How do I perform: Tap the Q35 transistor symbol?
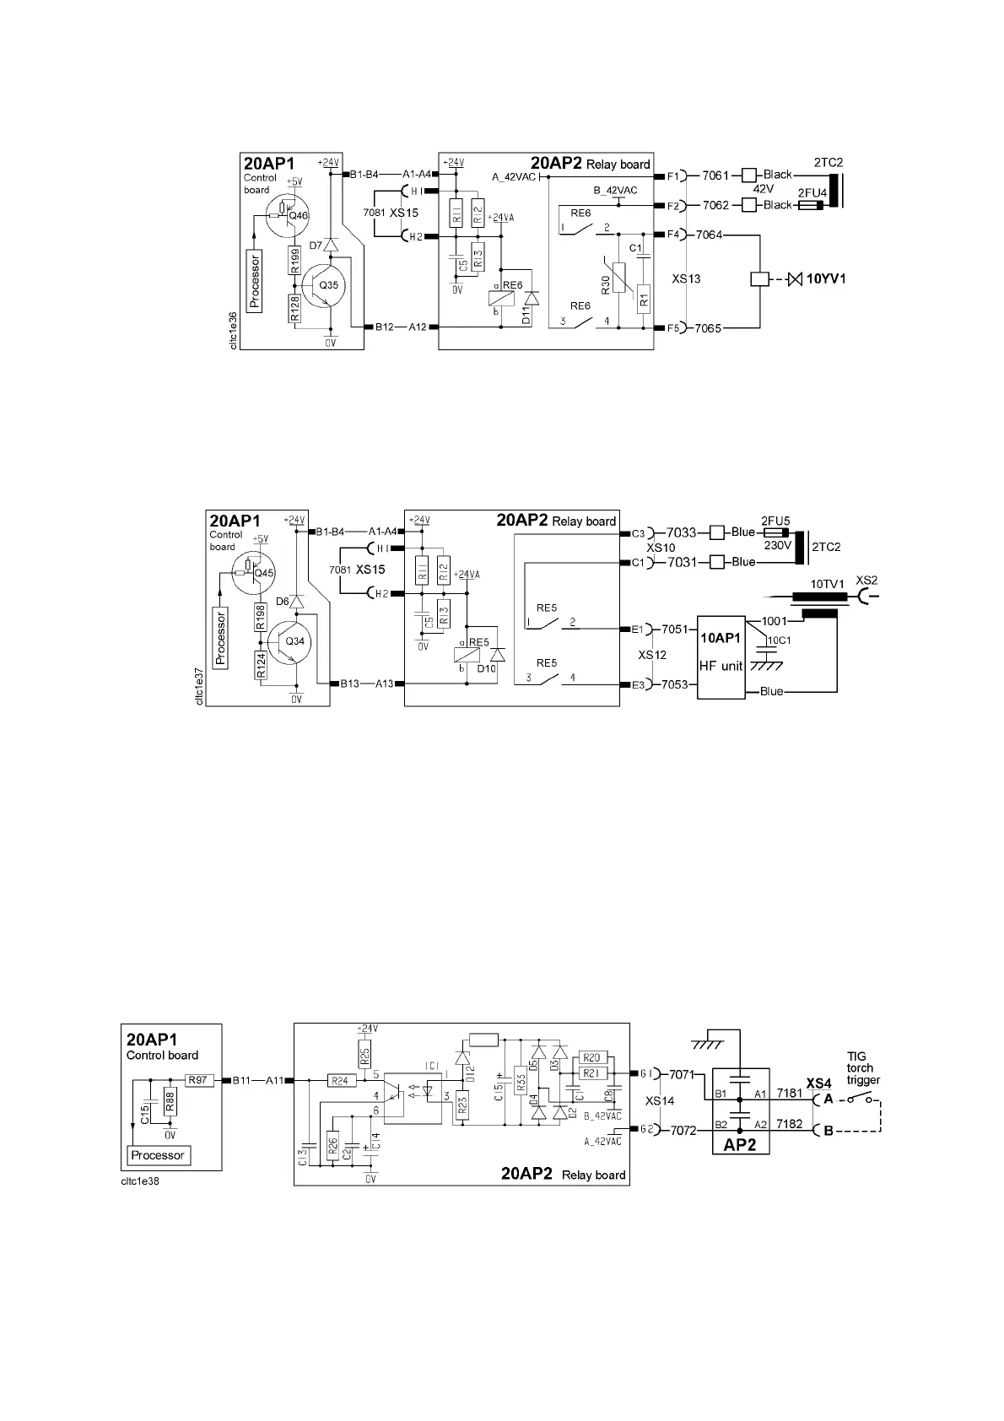click(323, 285)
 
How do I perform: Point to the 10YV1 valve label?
click(826, 278)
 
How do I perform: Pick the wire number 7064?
click(709, 235)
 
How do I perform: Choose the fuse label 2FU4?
click(812, 193)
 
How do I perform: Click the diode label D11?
click(526, 316)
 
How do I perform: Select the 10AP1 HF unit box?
click(721, 656)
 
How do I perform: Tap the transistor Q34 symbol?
click(291, 641)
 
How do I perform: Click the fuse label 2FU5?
click(775, 521)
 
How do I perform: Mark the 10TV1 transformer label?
click(827, 584)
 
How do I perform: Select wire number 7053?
click(675, 684)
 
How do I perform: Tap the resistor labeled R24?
click(340, 1080)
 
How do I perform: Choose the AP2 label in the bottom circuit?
click(739, 1146)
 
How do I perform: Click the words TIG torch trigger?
click(863, 1067)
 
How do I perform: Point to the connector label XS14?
click(660, 1102)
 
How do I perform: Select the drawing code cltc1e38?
click(140, 1181)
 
